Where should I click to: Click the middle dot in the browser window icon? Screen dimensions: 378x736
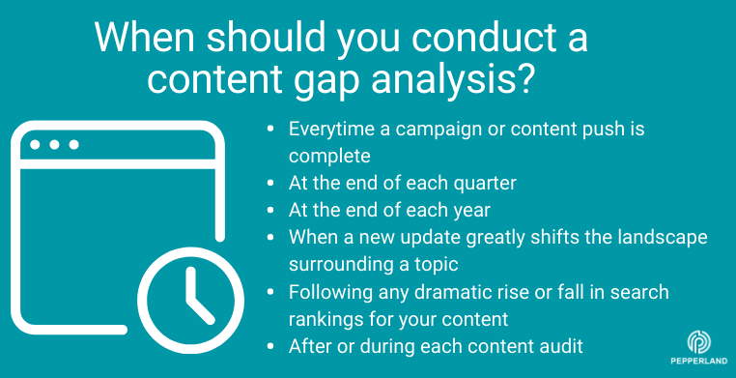point(54,145)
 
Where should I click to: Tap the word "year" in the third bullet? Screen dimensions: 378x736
point(458,210)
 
